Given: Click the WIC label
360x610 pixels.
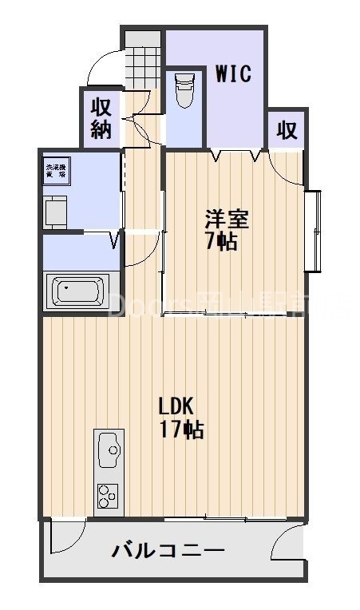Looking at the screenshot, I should [x=234, y=75].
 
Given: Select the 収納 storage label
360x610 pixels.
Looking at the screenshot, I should [x=101, y=118].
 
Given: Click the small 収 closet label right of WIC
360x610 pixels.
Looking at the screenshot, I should [x=287, y=130].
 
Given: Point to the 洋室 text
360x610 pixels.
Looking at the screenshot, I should [x=222, y=217].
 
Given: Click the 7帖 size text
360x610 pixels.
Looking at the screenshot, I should [x=221, y=241].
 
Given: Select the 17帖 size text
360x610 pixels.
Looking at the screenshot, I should [x=182, y=430].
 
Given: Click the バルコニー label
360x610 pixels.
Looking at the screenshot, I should [x=168, y=550].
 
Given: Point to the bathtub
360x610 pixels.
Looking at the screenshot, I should [x=79, y=291].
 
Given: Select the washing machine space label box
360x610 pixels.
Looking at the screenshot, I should [x=56, y=171].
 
